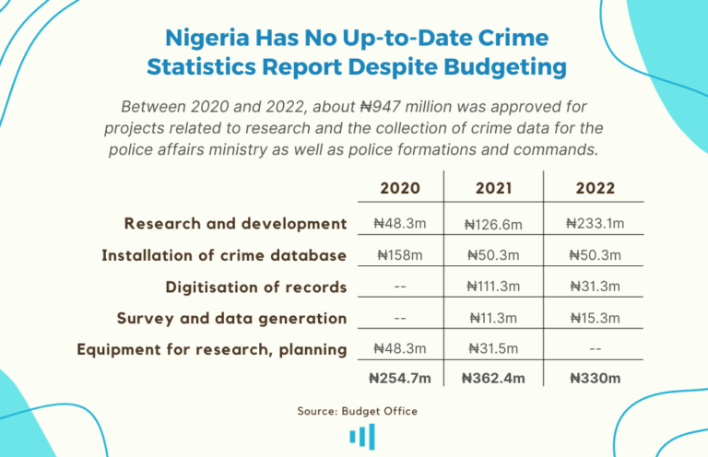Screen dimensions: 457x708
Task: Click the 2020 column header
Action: (x=400, y=188)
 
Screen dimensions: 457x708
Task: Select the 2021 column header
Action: (x=494, y=188)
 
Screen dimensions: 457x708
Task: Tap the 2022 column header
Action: (x=595, y=188)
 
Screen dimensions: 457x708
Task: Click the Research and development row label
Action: (x=236, y=224)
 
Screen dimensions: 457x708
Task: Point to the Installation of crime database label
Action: (x=224, y=255)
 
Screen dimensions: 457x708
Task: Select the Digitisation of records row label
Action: (x=256, y=287)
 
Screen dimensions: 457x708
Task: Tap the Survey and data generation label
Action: (x=231, y=318)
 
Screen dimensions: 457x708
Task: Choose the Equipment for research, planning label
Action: (x=212, y=349)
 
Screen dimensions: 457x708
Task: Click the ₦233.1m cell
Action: (x=595, y=223)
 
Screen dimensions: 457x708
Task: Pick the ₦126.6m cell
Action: (x=493, y=224)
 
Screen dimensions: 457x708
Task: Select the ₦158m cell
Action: (x=400, y=255)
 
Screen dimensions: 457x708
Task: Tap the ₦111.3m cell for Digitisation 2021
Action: (x=493, y=287)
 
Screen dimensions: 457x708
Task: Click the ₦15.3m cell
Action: (x=595, y=318)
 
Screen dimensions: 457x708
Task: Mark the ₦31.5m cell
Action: (x=493, y=349)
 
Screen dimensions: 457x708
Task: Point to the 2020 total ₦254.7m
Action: (x=400, y=377)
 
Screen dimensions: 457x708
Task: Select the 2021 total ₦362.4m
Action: (x=493, y=377)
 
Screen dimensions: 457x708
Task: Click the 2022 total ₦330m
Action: (x=595, y=377)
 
